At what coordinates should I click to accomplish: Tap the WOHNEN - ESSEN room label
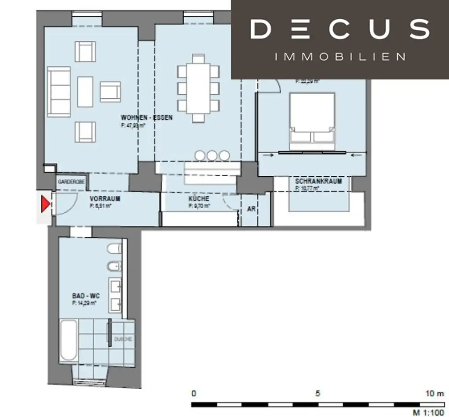point(146,118)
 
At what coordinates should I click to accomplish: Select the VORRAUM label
point(105,199)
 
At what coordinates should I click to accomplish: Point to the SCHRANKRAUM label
point(318,181)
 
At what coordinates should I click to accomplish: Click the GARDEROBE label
point(70,181)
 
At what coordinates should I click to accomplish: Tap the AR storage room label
point(251,209)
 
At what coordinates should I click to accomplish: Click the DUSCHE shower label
point(123,339)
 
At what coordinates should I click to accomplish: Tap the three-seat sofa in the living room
point(59,92)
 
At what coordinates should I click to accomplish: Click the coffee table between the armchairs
point(85,92)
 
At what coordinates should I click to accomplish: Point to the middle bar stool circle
point(212,155)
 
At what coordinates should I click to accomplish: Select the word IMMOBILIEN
point(340,57)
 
